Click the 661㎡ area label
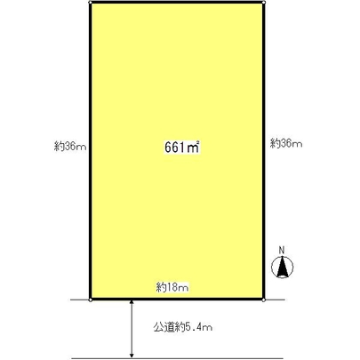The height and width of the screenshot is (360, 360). pos(180,148)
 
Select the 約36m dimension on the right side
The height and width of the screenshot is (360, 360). pos(287,143)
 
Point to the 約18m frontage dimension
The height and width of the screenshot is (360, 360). pos(173,287)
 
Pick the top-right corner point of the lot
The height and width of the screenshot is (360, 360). pos(266,3)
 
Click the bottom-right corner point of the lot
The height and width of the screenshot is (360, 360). pos(266,300)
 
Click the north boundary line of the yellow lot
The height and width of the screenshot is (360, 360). pos(178,3)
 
